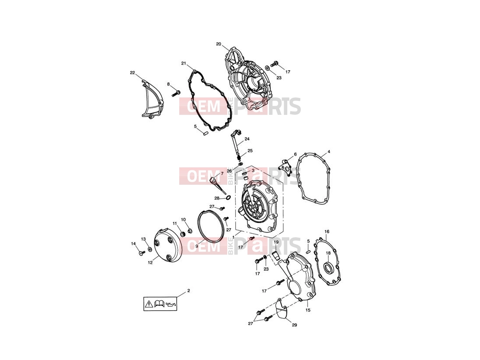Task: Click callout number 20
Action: click(x=218, y=44)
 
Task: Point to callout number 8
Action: click(x=168, y=84)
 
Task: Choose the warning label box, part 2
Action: click(x=160, y=304)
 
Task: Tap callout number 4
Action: click(x=329, y=152)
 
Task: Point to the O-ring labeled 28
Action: click(x=228, y=198)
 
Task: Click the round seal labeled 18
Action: click(x=329, y=268)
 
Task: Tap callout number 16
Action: click(x=327, y=231)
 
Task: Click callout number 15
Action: click(x=308, y=310)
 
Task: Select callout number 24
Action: click(x=247, y=139)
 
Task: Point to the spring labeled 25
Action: click(x=240, y=158)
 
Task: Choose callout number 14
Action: click(x=133, y=244)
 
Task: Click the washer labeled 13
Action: click(x=150, y=249)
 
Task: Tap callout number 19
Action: click(x=276, y=242)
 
